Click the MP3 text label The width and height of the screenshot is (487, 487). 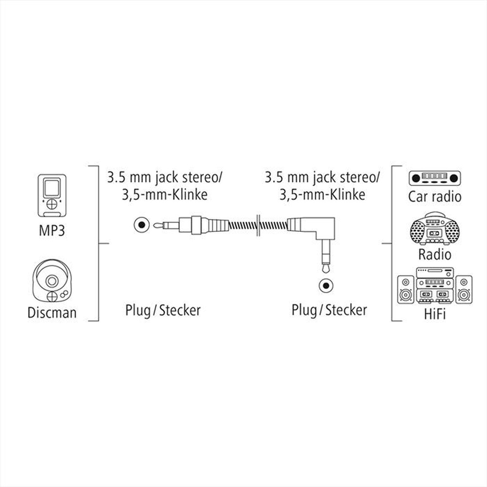click(x=52, y=229)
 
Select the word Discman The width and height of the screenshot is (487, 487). click(x=52, y=312)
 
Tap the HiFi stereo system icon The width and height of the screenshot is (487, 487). click(x=435, y=285)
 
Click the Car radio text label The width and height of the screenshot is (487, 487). click(x=435, y=197)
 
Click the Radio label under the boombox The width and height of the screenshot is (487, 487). click(x=435, y=254)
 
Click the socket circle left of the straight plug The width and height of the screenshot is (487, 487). click(x=141, y=225)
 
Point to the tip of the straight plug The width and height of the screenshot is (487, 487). click(x=155, y=225)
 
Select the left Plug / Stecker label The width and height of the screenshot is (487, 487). click(x=163, y=310)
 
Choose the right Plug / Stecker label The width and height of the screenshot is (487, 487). click(x=329, y=310)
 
